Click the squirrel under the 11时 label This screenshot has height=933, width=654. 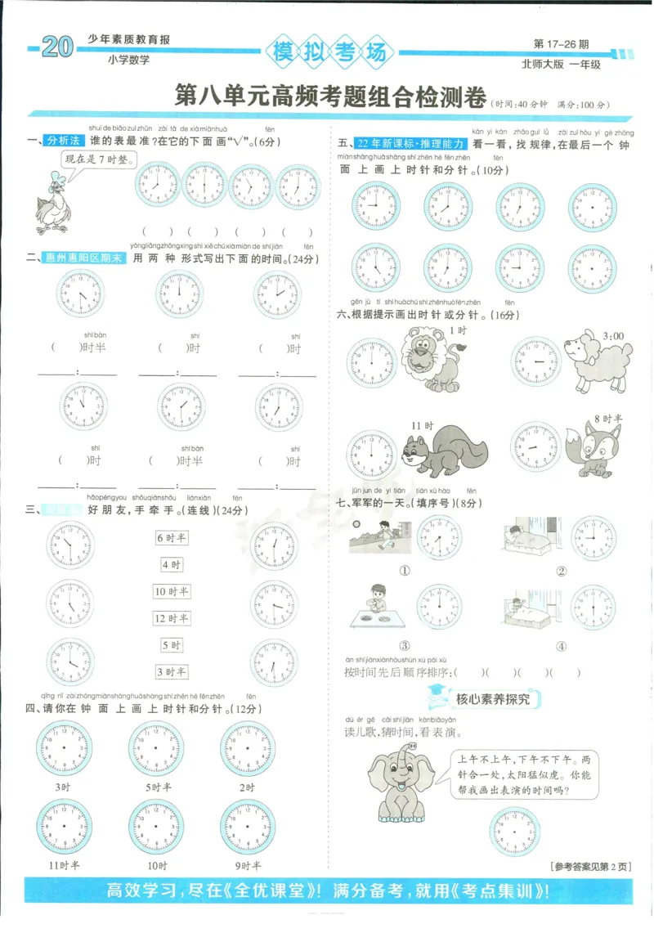coord(442,455)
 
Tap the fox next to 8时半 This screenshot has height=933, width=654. coord(594,451)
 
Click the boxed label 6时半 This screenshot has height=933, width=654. coord(172,537)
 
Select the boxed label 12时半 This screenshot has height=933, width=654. coord(172,618)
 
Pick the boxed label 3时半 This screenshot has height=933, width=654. coord(172,672)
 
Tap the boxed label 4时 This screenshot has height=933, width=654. coord(172,564)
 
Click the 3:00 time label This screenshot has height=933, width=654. coord(613,335)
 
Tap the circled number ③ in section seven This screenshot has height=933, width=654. coord(404,645)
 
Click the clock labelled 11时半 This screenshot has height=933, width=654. coord(64,827)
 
